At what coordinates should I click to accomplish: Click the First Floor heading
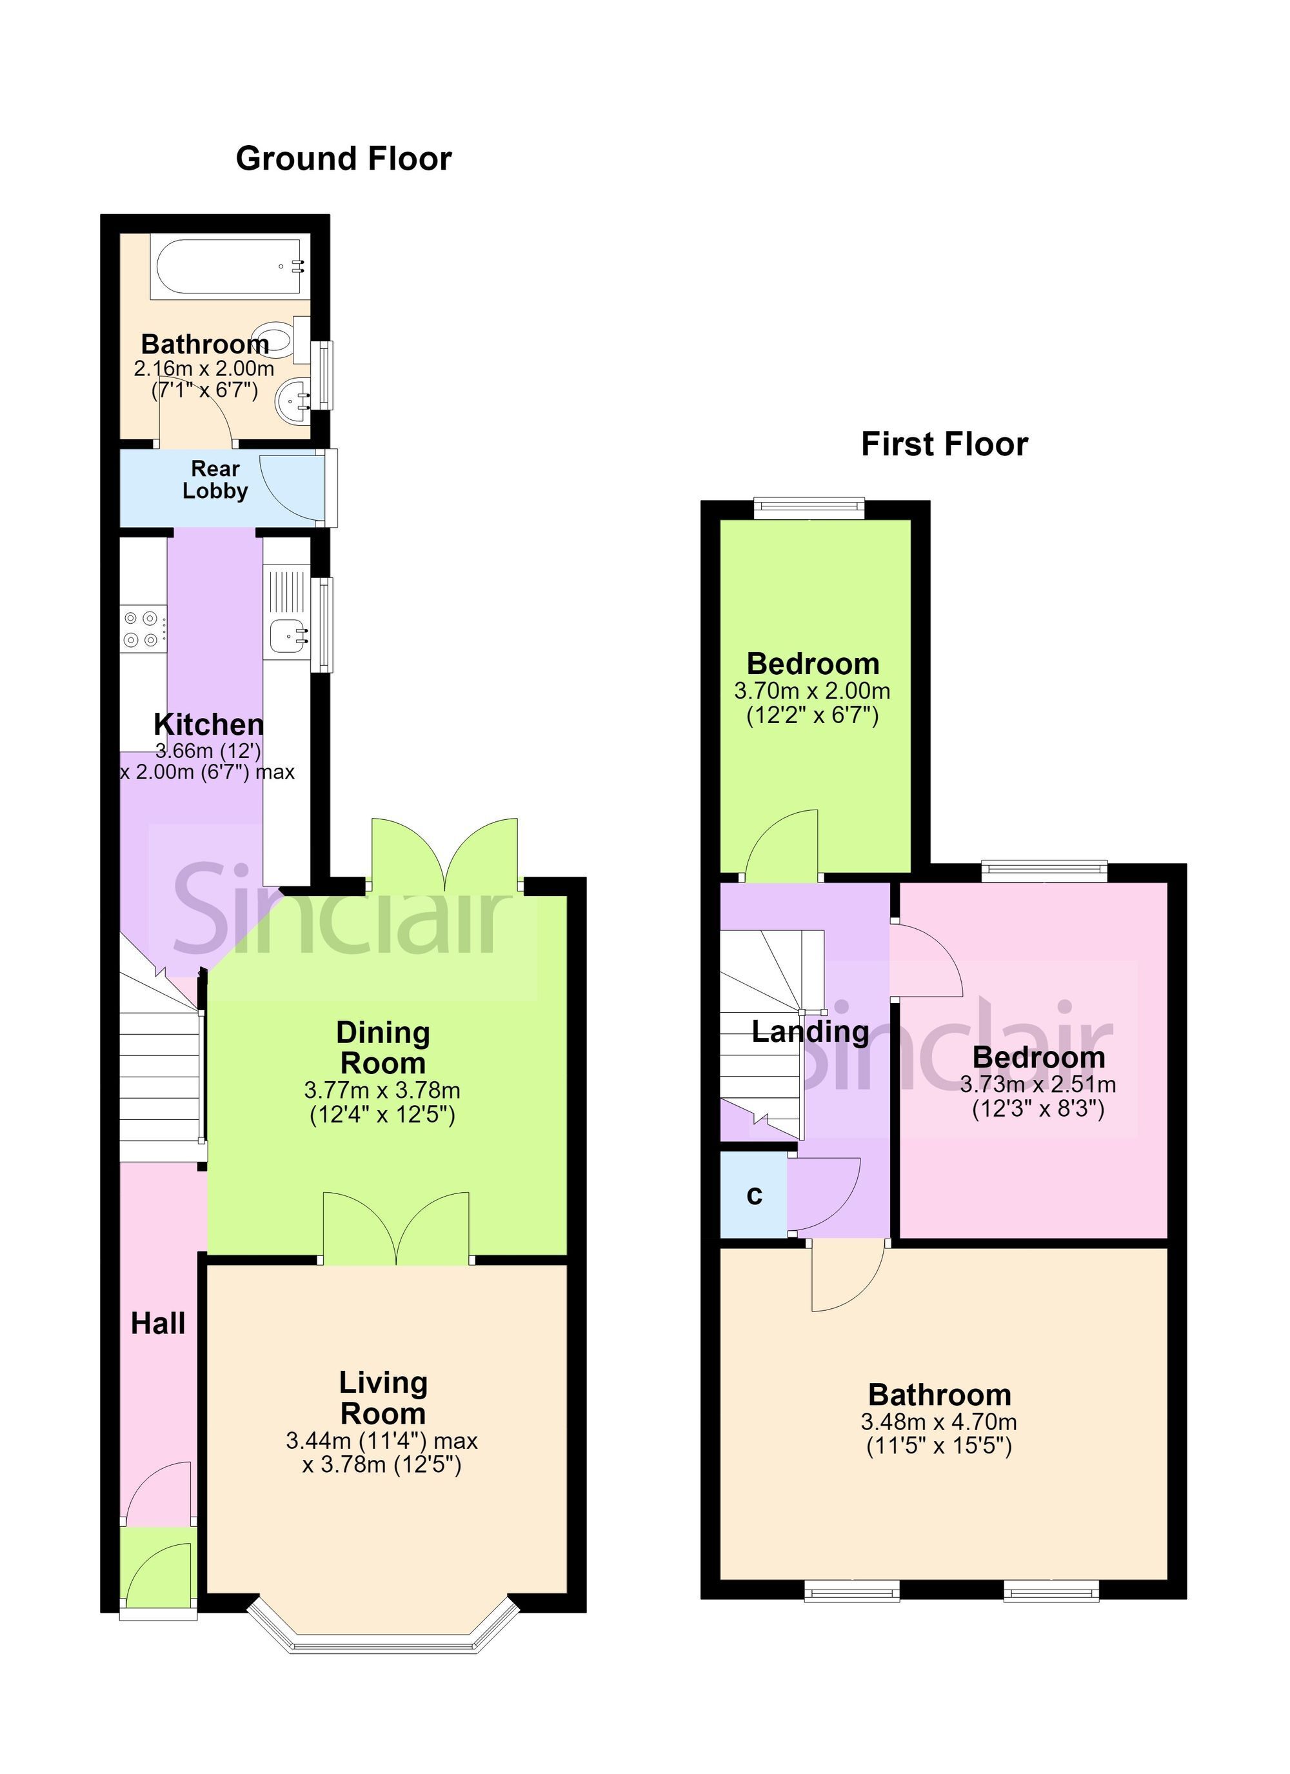pyautogui.click(x=944, y=444)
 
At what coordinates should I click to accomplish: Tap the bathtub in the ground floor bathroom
pyautogui.click(x=229, y=266)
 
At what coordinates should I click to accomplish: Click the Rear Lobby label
pyautogui.click(x=215, y=479)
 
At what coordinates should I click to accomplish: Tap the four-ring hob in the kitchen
pyautogui.click(x=144, y=628)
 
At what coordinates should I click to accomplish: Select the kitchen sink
pyautogui.click(x=287, y=633)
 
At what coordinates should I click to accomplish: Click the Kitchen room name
pyautogui.click(x=209, y=724)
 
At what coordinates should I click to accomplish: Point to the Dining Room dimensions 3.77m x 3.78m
pyautogui.click(x=382, y=1090)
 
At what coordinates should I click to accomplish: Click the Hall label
pyautogui.click(x=158, y=1324)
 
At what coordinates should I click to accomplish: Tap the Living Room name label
pyautogui.click(x=383, y=1398)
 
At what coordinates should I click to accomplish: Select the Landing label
pyautogui.click(x=811, y=1032)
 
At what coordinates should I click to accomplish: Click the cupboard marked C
pyautogui.click(x=753, y=1195)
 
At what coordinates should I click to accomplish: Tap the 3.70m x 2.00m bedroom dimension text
pyautogui.click(x=812, y=692)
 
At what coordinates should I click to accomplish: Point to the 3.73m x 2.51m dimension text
pyautogui.click(x=1038, y=1085)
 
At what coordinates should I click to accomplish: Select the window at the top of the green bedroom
pyautogui.click(x=809, y=508)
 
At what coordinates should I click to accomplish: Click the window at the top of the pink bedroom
pyautogui.click(x=1045, y=872)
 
